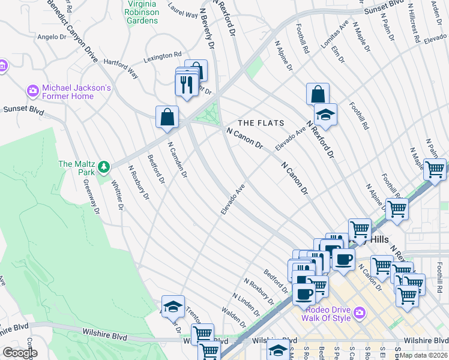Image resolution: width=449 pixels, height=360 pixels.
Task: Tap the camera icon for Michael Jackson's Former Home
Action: click(x=33, y=92)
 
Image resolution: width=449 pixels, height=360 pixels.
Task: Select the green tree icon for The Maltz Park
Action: click(x=104, y=166)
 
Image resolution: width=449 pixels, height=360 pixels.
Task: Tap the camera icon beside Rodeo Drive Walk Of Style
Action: click(x=360, y=312)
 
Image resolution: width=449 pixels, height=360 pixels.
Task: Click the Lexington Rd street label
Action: click(x=162, y=57)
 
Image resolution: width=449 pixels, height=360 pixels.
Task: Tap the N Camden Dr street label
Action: click(x=178, y=160)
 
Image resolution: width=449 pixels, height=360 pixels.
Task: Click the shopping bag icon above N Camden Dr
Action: click(x=167, y=116)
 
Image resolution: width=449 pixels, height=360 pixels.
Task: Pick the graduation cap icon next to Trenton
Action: click(x=173, y=306)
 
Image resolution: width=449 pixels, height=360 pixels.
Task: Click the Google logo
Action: click(x=20, y=353)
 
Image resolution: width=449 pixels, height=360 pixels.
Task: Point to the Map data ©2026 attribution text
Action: click(x=423, y=356)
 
